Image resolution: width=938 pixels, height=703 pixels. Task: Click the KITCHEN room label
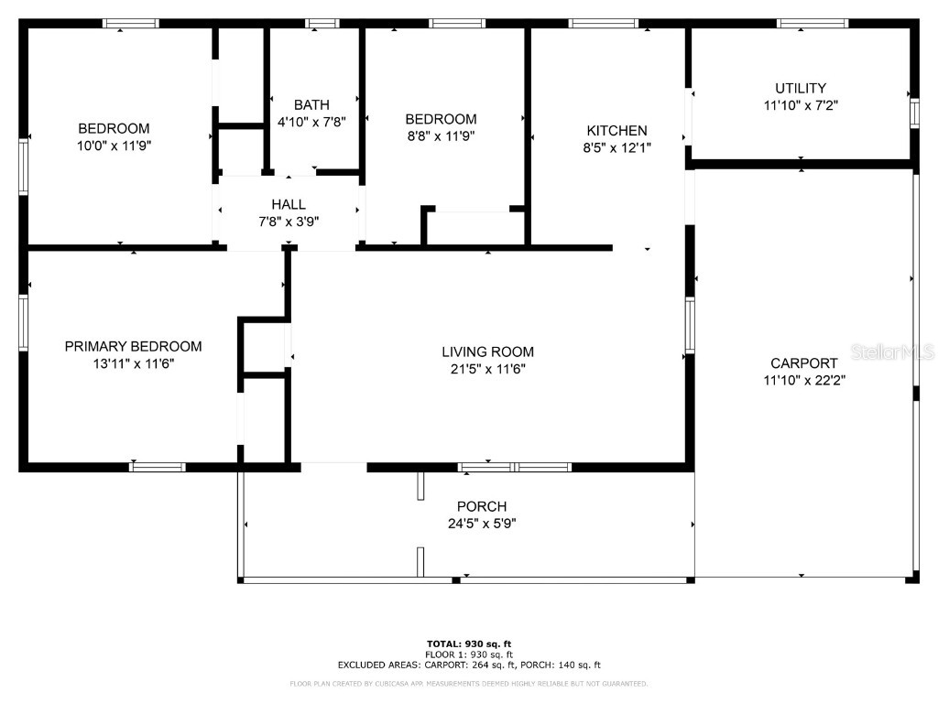tap(616, 131)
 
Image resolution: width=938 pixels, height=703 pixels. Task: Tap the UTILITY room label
tap(801, 89)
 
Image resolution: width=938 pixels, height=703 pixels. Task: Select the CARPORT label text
tap(803, 363)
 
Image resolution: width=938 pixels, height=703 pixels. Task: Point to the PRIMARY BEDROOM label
tap(133, 347)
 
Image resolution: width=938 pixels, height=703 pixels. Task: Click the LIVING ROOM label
tap(487, 352)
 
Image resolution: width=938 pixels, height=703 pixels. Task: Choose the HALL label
tap(289, 205)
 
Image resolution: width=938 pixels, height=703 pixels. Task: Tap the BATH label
tap(311, 105)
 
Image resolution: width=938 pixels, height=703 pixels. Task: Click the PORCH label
tap(481, 507)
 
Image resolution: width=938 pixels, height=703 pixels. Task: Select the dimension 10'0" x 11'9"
tap(114, 146)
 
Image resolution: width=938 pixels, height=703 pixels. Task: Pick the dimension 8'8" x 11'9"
tap(441, 136)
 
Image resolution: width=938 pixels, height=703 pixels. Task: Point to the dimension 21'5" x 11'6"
tap(487, 369)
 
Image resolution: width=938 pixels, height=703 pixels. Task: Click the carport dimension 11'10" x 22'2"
tap(803, 380)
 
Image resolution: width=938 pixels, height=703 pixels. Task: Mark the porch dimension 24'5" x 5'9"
tap(481, 524)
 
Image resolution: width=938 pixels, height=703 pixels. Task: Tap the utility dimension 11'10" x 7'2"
tap(801, 105)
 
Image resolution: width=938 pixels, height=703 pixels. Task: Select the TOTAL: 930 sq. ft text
tap(468, 644)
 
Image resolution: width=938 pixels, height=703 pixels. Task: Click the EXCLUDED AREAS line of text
tap(468, 665)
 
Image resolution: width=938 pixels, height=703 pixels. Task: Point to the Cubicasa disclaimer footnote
tap(468, 684)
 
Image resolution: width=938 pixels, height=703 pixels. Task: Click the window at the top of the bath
tap(322, 23)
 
